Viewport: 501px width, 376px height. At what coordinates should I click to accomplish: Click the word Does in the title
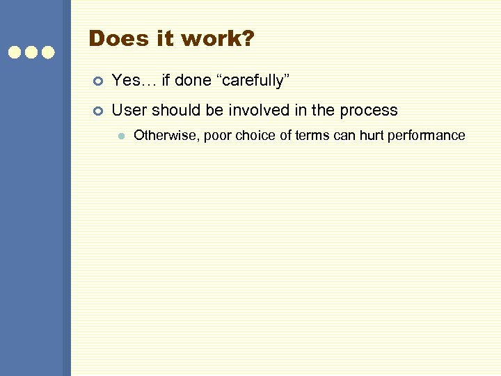point(113,38)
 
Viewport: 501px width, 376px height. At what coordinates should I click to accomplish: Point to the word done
point(191,81)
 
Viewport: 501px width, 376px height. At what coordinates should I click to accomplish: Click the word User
point(129,110)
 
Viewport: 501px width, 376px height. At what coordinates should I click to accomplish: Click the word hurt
point(374,135)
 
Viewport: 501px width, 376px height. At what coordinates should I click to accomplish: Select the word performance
point(428,136)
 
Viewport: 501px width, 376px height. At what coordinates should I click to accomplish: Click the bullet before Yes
point(97,81)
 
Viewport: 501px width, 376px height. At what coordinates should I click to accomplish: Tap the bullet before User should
point(97,111)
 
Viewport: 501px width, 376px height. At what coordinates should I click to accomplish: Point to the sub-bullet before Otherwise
point(120,136)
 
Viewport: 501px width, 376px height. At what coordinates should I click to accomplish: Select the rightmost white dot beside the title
point(48,52)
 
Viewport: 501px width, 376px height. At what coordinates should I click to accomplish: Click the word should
point(174,110)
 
